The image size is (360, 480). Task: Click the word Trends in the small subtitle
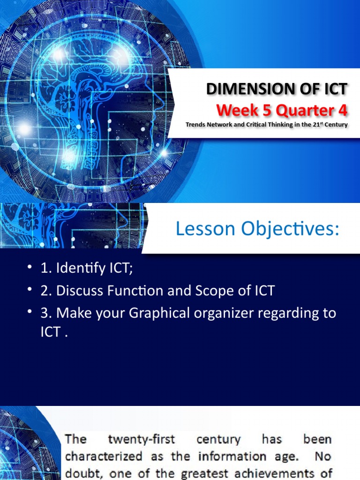click(x=195, y=125)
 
